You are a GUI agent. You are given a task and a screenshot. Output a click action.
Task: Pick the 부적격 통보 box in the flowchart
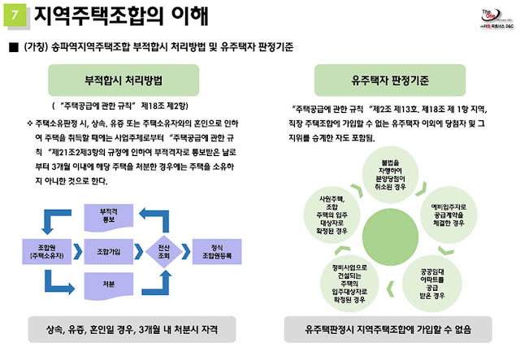point(108,215)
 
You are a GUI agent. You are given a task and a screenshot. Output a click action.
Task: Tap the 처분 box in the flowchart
point(108,284)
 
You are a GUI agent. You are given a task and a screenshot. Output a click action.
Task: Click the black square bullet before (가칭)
point(11,46)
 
